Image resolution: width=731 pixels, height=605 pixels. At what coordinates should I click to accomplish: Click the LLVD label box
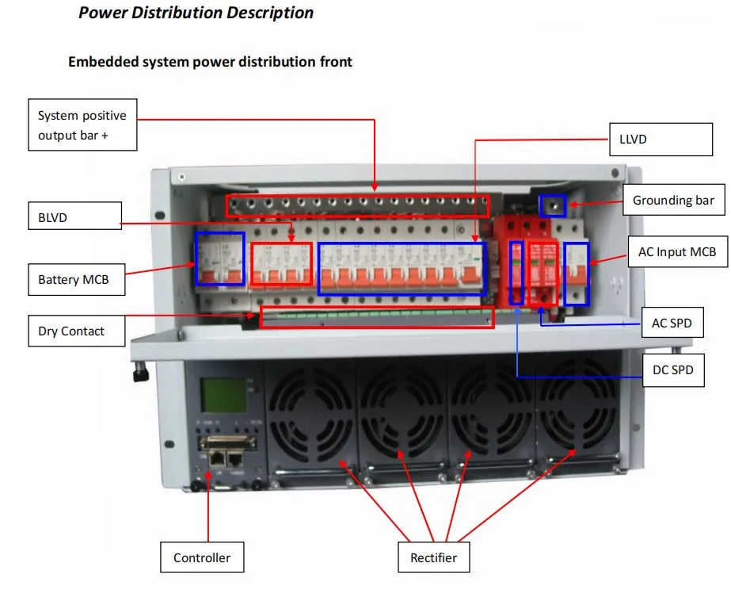coord(661,139)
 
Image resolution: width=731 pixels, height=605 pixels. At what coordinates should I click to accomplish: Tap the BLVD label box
coord(74,216)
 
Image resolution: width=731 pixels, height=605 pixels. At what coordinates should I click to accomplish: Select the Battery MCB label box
coord(77,280)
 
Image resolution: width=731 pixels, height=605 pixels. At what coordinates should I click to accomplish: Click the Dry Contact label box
coord(77,331)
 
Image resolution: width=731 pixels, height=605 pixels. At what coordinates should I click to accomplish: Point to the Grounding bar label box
coord(674,200)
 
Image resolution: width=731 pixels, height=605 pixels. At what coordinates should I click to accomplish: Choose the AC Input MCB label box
coord(678,251)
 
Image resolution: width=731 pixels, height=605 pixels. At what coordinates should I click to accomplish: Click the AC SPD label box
coord(672,323)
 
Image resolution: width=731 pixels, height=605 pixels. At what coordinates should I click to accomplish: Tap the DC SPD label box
coord(673,370)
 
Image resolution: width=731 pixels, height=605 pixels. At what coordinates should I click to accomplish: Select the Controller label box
coord(202,557)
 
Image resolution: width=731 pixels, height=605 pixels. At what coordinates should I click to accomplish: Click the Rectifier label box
coord(433,557)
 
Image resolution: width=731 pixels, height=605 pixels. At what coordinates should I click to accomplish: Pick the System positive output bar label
coord(82,124)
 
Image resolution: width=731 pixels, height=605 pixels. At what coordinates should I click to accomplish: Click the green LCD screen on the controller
coord(223,395)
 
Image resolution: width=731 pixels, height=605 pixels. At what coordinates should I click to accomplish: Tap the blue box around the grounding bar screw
coord(553,206)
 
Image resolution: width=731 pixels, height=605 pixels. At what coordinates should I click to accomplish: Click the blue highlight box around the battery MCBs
coord(220,258)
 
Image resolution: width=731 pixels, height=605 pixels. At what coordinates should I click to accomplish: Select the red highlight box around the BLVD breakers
coord(282,264)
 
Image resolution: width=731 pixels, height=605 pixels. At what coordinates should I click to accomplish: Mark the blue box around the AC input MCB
coord(577,274)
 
